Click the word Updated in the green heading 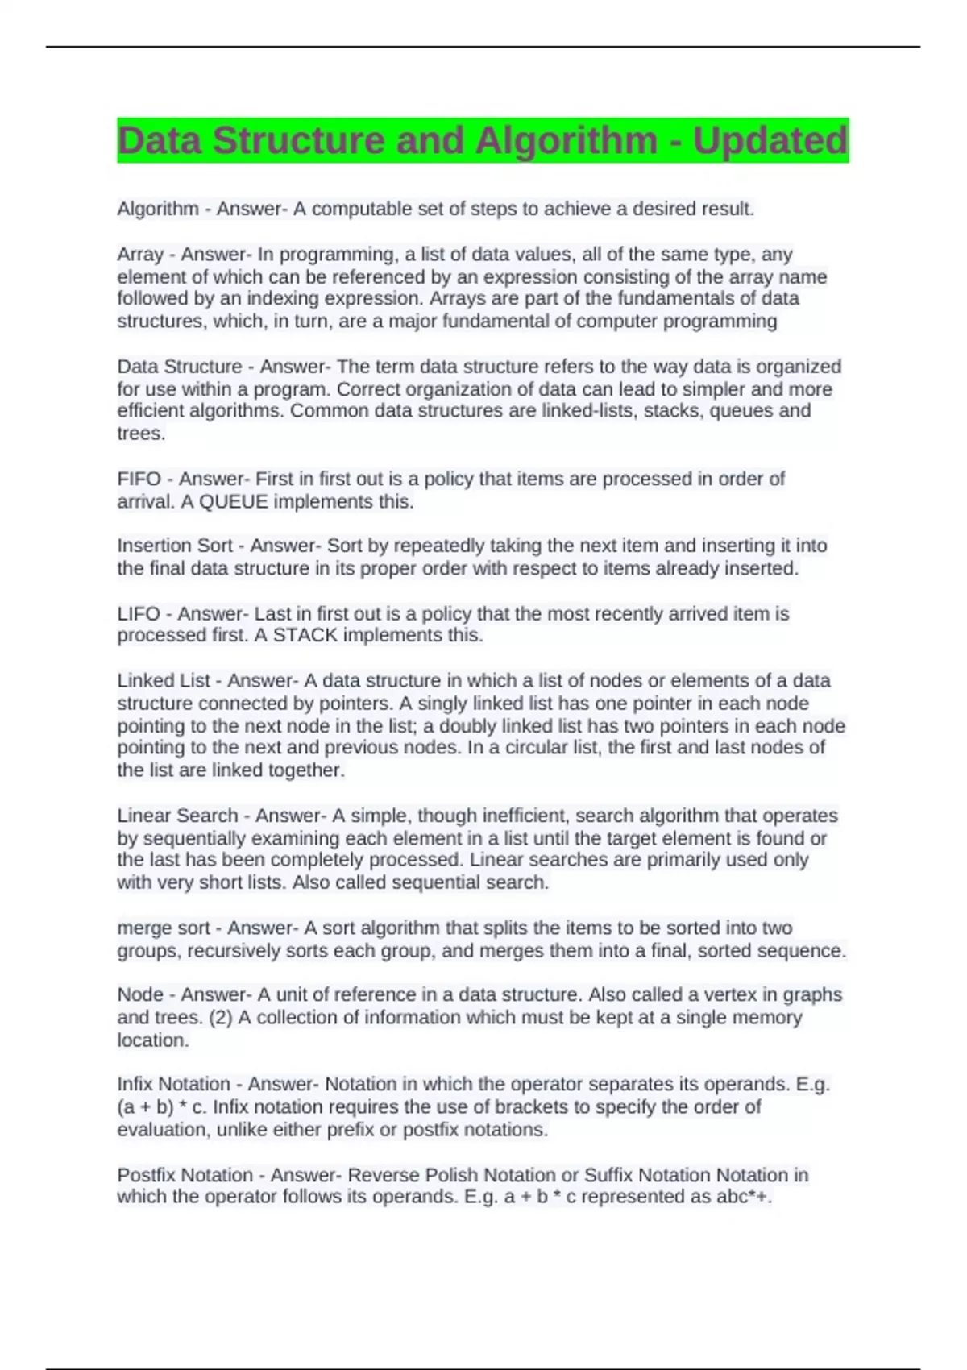(770, 141)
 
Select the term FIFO (139, 479)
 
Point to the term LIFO (138, 613)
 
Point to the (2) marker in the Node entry (220, 1017)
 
